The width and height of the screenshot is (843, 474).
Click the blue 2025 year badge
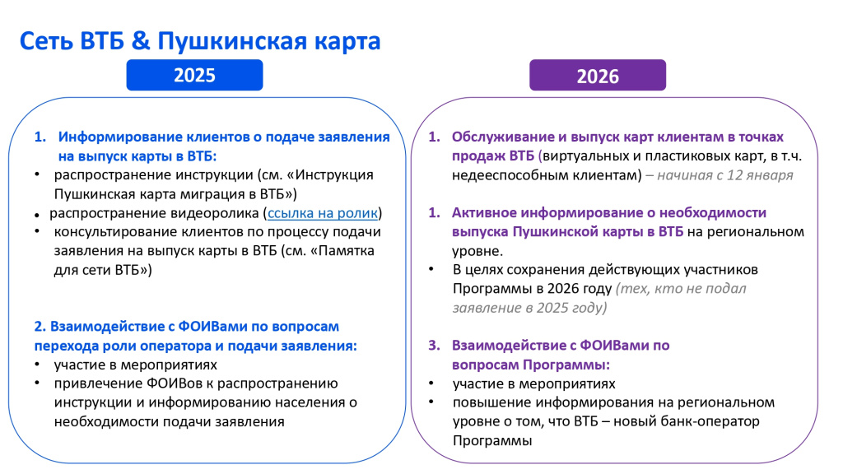pos(194,75)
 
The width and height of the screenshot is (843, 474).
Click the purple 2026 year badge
pos(597,76)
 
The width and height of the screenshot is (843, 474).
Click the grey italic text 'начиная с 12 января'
pos(725,175)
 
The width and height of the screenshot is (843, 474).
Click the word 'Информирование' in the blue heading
pos(118,137)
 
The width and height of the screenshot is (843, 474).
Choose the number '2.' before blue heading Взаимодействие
pos(41,326)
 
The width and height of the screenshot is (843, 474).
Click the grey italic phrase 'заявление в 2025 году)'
pos(529,308)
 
